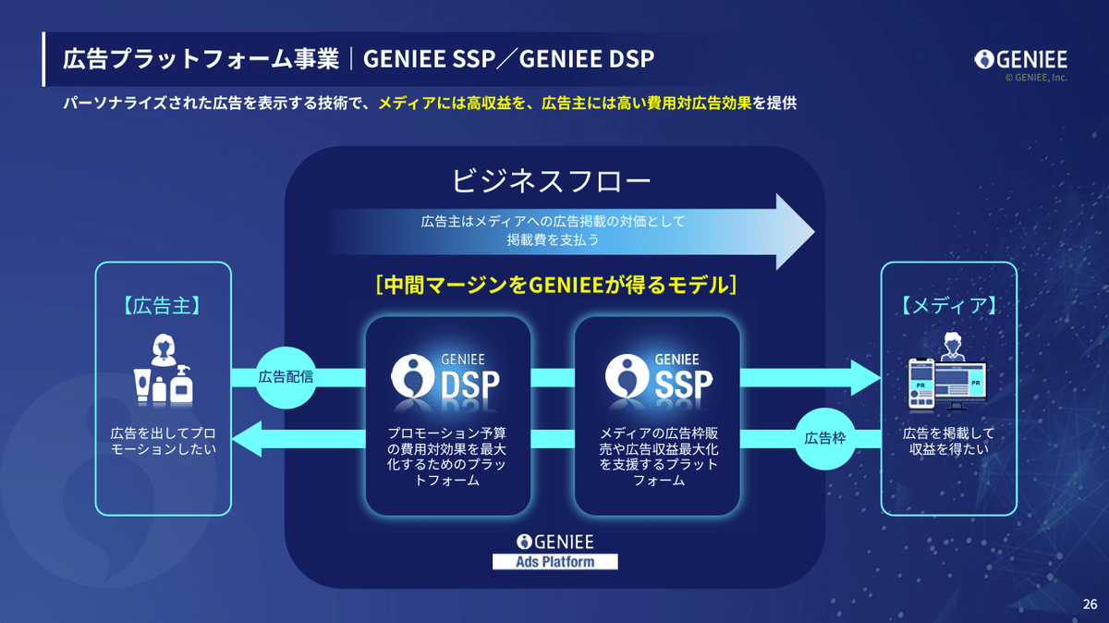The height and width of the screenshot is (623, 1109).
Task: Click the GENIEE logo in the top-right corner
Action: [1021, 60]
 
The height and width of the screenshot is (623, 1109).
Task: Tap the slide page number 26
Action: [1090, 605]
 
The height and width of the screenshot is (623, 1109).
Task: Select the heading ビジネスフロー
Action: [552, 178]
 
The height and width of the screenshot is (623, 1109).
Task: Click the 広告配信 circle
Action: [286, 377]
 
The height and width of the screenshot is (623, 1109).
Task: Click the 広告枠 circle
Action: [823, 437]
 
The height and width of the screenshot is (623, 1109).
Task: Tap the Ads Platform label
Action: [554, 561]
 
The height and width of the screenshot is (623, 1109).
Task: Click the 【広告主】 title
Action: [163, 305]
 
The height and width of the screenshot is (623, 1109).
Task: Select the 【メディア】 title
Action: [948, 305]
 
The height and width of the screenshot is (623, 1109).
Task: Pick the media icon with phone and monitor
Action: [948, 374]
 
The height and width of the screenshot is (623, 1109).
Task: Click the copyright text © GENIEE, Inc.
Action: [1036, 79]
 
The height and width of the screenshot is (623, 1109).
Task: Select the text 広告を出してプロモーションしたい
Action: [163, 441]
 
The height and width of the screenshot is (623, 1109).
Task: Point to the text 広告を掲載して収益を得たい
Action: [948, 441]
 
